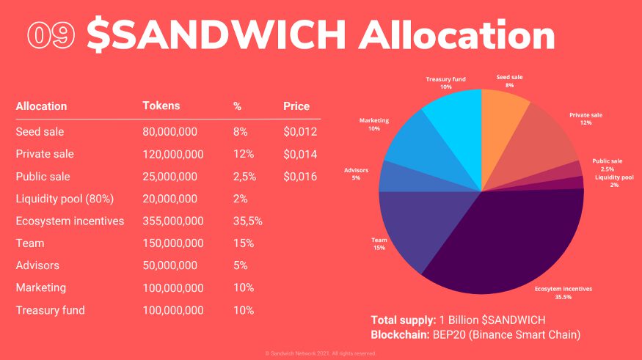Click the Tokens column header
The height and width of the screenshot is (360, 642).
[160, 106]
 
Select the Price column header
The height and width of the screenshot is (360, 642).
[296, 106]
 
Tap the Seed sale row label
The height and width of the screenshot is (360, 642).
[40, 132]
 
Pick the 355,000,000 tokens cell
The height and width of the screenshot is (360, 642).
[173, 221]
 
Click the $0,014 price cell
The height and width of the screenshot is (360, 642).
[300, 154]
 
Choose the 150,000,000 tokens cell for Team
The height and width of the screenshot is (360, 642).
[173, 243]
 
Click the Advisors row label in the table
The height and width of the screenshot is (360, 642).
[37, 265]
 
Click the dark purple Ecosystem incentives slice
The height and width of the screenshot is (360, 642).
[506, 242]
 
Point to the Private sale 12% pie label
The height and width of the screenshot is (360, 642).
[586, 119]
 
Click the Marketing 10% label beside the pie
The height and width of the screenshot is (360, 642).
[374, 124]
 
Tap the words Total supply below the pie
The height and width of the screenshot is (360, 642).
[403, 320]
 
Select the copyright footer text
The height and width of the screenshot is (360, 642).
[321, 353]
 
